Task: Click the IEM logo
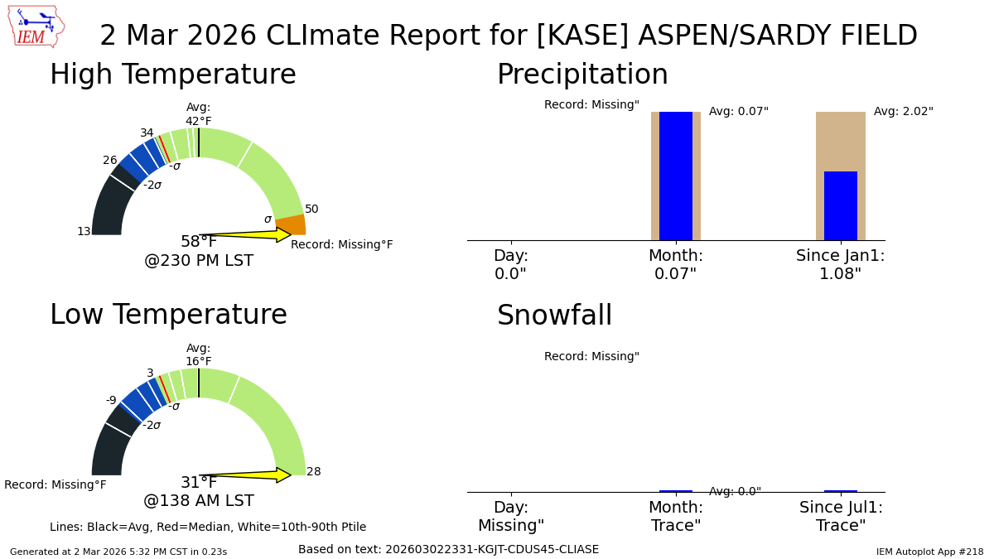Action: point(36,27)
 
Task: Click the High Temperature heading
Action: point(173,74)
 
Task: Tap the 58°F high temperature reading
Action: point(199,241)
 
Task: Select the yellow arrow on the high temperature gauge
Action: point(245,234)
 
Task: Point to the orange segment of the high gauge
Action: point(291,225)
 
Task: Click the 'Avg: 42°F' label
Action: point(198,114)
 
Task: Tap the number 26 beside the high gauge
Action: point(110,160)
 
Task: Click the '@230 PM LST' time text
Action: point(199,260)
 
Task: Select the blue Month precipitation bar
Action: point(676,176)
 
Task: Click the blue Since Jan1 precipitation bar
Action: point(841,206)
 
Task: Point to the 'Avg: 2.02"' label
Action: point(904,111)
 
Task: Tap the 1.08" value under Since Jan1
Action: point(840,274)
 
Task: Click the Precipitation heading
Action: point(582,74)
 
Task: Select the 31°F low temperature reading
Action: point(199,482)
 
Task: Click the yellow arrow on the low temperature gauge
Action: point(245,475)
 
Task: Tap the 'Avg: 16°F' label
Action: point(198,354)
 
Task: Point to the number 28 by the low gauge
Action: point(314,471)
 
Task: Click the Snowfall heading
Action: point(555,315)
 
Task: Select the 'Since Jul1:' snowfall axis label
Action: point(841,508)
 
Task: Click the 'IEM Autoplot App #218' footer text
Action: point(929,552)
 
